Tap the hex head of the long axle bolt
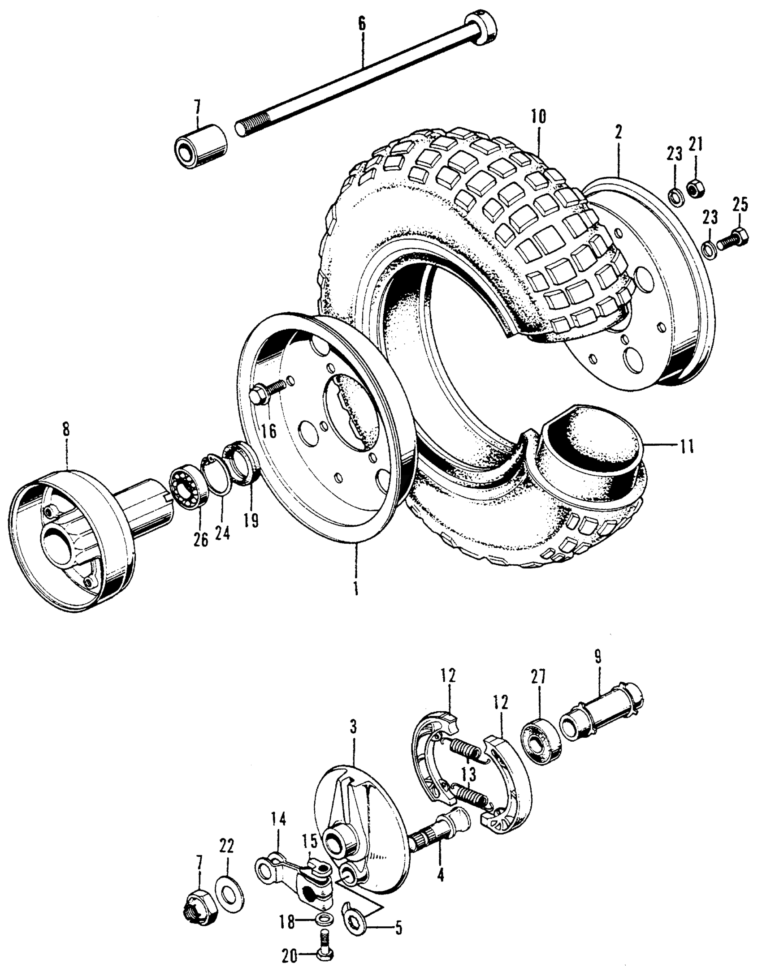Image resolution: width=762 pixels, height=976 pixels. (x=481, y=28)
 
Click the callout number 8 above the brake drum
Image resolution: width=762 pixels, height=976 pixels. (x=66, y=430)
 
